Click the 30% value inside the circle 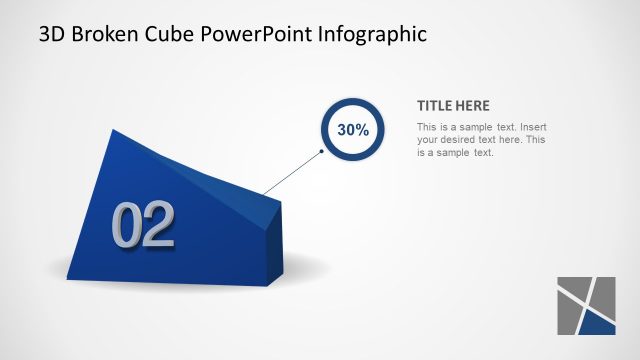(x=353, y=130)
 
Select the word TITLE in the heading (x=434, y=106)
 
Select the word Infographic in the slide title (x=372, y=34)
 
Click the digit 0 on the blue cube (x=128, y=226)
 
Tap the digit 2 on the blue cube (x=158, y=226)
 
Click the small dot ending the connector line (x=322, y=152)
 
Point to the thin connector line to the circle (x=293, y=172)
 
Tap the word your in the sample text (x=428, y=140)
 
